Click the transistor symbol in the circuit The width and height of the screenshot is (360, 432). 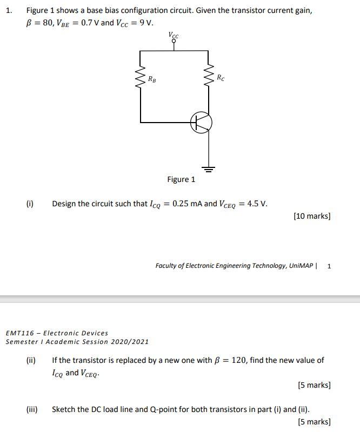click(201, 123)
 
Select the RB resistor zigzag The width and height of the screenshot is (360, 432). click(141, 80)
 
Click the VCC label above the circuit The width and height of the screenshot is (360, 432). click(174, 35)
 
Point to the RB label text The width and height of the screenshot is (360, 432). click(153, 79)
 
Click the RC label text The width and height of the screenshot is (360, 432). click(221, 78)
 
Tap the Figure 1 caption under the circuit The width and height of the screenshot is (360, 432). click(181, 179)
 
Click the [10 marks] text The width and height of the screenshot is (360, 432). click(312, 216)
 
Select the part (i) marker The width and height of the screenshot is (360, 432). click(30, 204)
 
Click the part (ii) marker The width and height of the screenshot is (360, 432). click(31, 360)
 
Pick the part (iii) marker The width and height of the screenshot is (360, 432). click(32, 409)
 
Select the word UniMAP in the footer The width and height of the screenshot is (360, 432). click(301, 266)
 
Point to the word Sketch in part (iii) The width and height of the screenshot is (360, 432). click(64, 409)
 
